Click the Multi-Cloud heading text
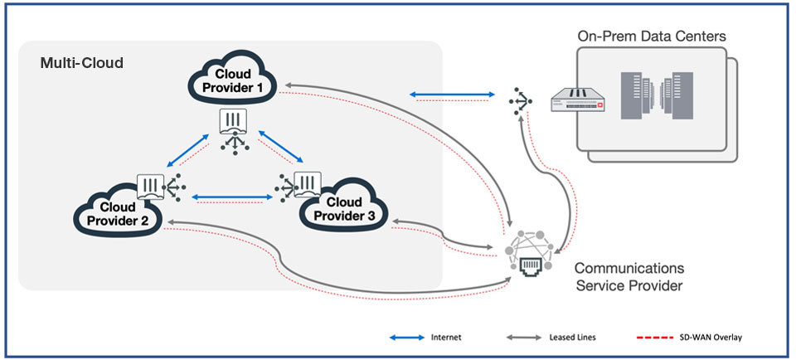coord(81,63)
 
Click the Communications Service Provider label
coord(629,277)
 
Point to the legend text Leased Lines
coord(572,338)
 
